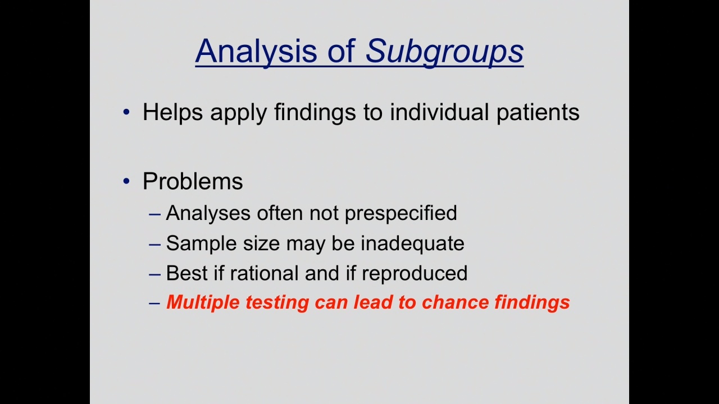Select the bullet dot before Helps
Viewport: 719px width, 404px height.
pos(126,112)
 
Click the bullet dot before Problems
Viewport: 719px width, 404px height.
pos(126,181)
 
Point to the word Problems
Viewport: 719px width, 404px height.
pos(193,181)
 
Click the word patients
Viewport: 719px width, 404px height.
pos(538,113)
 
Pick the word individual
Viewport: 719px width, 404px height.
pos(439,112)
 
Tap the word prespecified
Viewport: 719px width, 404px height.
pos(401,214)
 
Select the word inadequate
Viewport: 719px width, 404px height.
pos(412,244)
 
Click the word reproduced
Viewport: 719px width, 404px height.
pos(415,274)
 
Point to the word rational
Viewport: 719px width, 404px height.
pos(264,273)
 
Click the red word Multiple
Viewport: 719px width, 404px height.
pos(203,302)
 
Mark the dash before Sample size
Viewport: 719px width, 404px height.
pos(154,244)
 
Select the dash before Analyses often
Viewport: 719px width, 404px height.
pos(154,214)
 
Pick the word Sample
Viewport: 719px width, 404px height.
pos(202,244)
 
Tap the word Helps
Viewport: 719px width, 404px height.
pos(172,113)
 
